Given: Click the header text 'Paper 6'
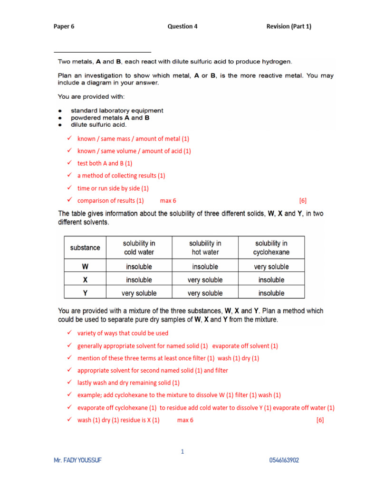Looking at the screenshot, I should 64,27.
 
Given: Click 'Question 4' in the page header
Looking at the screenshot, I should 182,27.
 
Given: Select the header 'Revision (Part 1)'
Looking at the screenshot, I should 288,27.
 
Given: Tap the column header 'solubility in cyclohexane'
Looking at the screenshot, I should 271,248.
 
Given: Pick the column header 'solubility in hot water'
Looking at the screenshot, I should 205,248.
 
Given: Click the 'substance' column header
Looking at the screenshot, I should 85,248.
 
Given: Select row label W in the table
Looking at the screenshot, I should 85,267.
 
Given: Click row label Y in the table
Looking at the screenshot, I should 85,293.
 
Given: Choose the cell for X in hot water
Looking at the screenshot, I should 205,280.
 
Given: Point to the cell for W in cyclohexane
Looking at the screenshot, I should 271,267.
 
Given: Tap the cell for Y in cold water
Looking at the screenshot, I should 139,293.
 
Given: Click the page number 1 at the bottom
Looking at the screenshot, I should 182,452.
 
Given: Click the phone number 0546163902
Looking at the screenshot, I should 284,461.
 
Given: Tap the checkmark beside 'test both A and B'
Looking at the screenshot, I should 69,163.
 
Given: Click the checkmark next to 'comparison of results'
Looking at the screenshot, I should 69,200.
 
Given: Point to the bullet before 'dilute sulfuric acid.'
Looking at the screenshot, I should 60,125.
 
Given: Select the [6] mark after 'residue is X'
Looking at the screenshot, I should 320,420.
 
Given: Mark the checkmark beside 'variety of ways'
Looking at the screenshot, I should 69,333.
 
